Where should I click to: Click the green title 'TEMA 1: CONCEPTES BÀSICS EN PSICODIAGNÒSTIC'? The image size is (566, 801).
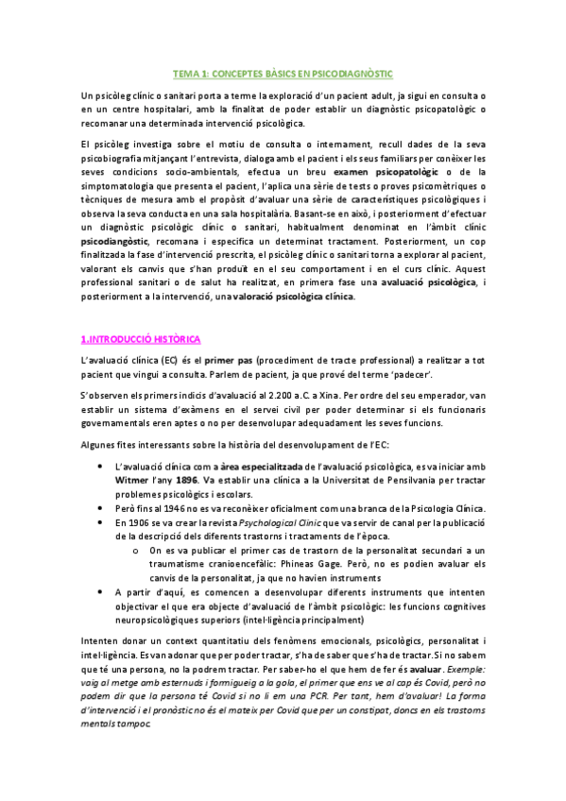(x=283, y=73)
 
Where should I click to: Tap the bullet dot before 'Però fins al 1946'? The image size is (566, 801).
(x=101, y=508)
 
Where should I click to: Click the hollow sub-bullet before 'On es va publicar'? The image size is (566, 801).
(x=136, y=551)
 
